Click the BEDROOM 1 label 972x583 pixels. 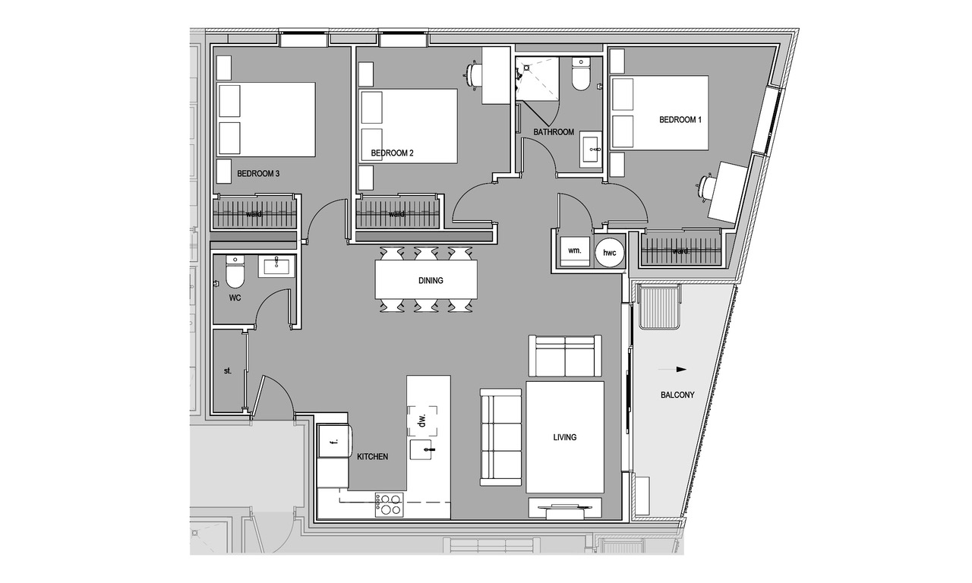tap(680, 120)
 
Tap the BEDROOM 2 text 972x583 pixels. tap(393, 153)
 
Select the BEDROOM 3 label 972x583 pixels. tap(258, 174)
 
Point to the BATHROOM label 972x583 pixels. tap(554, 132)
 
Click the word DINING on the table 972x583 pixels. tap(431, 281)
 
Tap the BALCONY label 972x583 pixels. tap(677, 395)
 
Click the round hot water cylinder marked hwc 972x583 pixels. tap(610, 253)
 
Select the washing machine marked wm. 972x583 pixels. tap(575, 251)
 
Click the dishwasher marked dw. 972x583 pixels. tap(422, 421)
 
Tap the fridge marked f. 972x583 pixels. tap(335, 441)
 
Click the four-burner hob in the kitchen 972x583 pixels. tap(390, 505)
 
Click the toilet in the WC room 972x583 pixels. tap(235, 272)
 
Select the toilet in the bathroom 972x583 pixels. tap(581, 74)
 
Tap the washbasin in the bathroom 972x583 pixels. tap(592, 150)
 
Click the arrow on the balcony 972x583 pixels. tap(672, 370)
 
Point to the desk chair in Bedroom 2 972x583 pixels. tap(473, 77)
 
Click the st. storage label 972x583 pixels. tap(228, 371)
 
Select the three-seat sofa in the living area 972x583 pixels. tap(500, 437)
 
